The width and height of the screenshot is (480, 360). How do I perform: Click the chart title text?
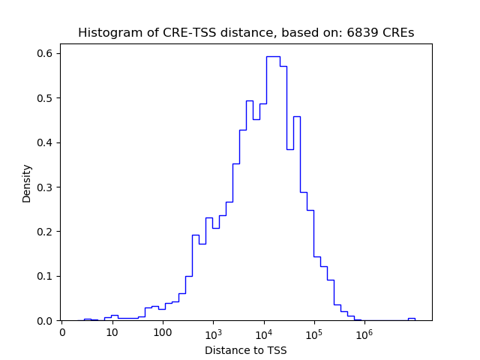(x=246, y=33)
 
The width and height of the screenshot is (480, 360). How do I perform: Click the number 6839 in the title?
(x=359, y=33)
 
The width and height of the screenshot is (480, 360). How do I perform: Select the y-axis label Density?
(x=27, y=183)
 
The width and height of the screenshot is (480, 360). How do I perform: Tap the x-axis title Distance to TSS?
(x=246, y=349)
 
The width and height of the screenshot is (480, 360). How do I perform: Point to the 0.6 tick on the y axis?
(x=44, y=53)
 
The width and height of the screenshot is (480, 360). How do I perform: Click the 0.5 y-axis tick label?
(x=44, y=98)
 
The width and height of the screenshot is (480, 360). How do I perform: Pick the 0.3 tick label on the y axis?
(x=44, y=187)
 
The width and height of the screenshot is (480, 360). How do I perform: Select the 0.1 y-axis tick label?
(x=44, y=276)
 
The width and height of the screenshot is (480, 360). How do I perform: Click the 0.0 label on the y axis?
(x=44, y=321)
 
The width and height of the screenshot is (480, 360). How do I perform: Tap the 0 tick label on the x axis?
(x=62, y=332)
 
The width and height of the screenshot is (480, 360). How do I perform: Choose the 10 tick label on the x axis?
(x=112, y=332)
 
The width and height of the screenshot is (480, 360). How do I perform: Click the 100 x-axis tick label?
(x=163, y=332)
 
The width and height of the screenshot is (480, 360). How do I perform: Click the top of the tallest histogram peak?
(x=273, y=56)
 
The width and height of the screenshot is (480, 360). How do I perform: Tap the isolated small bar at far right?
(x=411, y=319)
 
